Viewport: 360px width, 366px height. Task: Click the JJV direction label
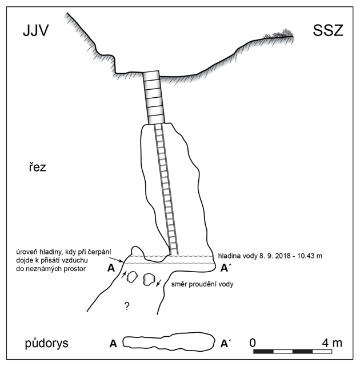[x=35, y=30]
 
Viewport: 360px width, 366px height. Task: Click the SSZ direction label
[x=328, y=30]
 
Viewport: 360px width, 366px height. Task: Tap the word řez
[x=38, y=167]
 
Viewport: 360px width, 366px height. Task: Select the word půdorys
[x=47, y=343]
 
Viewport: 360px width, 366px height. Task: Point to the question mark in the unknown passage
[x=127, y=306]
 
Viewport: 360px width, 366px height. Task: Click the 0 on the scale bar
[x=253, y=343]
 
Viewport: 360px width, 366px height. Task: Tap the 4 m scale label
[x=332, y=343]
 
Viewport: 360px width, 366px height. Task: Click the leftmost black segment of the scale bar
[x=263, y=352]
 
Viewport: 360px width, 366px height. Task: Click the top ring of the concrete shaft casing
[x=151, y=76]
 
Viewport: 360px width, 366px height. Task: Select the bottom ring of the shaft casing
[x=156, y=120]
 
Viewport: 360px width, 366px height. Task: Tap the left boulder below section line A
[x=132, y=277]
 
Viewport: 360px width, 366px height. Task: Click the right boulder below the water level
[x=149, y=280]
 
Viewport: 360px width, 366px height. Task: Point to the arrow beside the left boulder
[x=124, y=274]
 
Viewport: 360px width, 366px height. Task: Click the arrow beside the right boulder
[x=159, y=283]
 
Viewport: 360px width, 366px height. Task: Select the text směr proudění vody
[x=202, y=284]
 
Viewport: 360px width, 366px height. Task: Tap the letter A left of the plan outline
[x=113, y=343]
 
